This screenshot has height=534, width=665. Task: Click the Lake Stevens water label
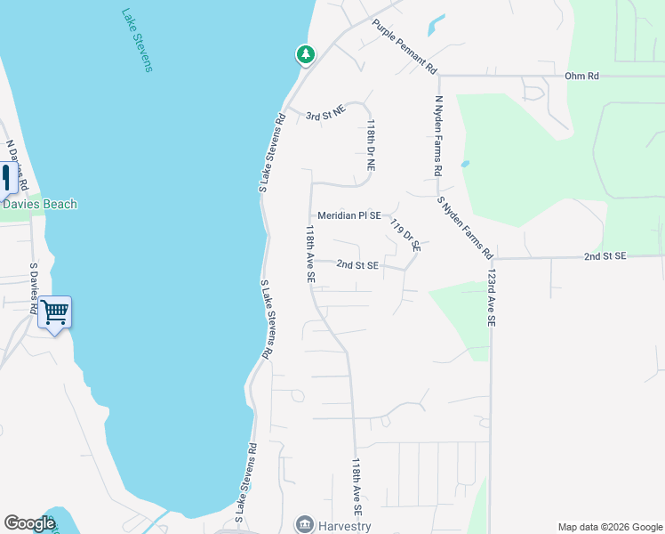(x=137, y=41)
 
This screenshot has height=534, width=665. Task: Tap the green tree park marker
(x=305, y=55)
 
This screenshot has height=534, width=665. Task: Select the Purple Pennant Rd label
(x=405, y=46)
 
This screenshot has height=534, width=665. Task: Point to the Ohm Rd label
(x=581, y=77)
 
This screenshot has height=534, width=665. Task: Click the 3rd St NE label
(x=324, y=117)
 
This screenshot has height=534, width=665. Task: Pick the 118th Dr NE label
(x=371, y=146)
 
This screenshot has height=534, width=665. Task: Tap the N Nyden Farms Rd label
(x=438, y=134)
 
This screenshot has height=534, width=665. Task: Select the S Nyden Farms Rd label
(x=466, y=228)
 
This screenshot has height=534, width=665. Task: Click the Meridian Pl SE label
(x=349, y=215)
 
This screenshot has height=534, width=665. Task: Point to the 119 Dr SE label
(x=405, y=235)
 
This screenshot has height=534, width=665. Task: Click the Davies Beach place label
(x=40, y=205)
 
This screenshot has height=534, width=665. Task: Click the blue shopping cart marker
(x=55, y=312)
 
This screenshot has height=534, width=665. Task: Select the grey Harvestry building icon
(x=305, y=523)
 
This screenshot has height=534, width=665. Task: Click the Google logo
(x=29, y=523)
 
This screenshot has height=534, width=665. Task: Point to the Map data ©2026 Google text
(x=609, y=527)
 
